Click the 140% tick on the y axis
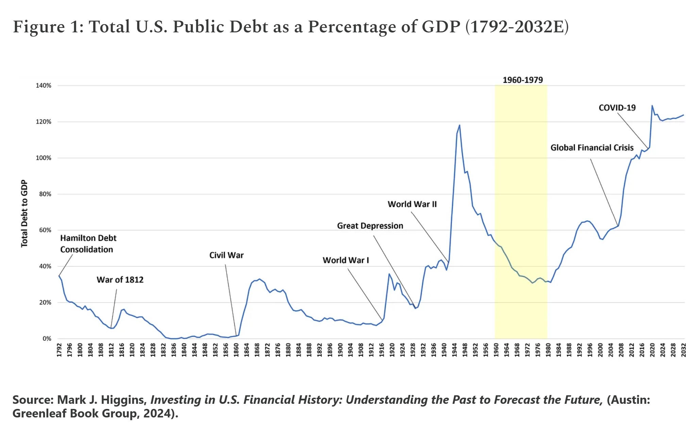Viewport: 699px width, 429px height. pos(44,85)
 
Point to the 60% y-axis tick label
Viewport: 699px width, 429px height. pos(45,230)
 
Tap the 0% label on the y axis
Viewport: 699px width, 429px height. pos(47,339)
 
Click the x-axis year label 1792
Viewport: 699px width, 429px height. pos(59,350)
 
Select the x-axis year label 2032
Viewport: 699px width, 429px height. pos(683,350)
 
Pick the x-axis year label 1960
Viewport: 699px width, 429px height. pos(496,350)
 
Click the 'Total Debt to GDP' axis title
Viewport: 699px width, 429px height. pos(24,213)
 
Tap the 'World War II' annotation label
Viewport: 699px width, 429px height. pos(412,204)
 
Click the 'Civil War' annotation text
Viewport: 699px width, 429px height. pos(226,255)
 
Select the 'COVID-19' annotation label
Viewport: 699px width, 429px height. pos(617,108)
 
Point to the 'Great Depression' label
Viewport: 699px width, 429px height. pos(370,226)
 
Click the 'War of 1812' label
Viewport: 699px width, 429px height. pos(120,280)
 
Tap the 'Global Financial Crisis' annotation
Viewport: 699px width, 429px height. pos(592,148)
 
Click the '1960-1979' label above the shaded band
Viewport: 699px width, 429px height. pos(522,80)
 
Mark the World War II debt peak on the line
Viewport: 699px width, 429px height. pos(460,125)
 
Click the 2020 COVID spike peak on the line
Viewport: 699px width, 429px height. pos(652,106)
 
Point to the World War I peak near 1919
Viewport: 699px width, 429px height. pos(389,274)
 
